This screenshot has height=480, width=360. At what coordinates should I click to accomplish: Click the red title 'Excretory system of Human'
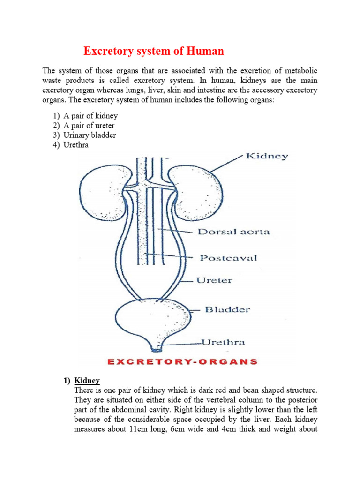tap(154, 51)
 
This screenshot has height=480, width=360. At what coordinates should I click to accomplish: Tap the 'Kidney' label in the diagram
tap(267, 156)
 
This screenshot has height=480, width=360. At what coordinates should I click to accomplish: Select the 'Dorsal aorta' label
tap(234, 232)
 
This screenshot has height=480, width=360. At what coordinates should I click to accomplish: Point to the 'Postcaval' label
tap(228, 258)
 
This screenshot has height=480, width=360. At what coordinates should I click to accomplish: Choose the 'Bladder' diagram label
tap(227, 309)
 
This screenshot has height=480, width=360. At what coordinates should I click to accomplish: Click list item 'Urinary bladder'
tap(93, 135)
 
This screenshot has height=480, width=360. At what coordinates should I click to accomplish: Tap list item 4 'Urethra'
tap(79, 145)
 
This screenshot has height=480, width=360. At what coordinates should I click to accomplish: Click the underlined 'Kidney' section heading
tap(87, 380)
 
